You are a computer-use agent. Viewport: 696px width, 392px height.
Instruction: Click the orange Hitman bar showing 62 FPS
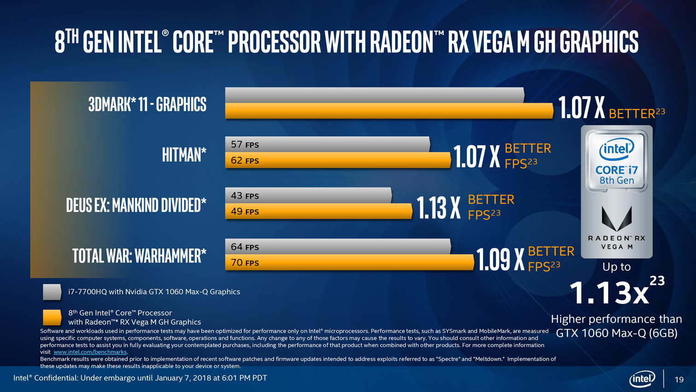pos(338,160)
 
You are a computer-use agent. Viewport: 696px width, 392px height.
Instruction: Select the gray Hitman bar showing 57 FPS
pos(328,144)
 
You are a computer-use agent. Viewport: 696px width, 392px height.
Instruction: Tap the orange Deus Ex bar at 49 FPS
pos(318,211)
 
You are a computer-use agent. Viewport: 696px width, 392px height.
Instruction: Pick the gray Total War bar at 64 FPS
pos(338,247)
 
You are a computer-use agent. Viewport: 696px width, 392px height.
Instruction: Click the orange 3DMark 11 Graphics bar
pos(389,111)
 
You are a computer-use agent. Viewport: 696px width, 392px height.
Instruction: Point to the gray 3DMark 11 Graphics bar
pos(374,95)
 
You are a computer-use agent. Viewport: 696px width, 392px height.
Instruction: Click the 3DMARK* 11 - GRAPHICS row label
pos(147,104)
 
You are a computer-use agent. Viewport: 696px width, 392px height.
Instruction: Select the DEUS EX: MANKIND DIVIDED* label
pos(136,205)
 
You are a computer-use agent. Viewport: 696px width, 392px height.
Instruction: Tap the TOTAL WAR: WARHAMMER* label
pos(140,255)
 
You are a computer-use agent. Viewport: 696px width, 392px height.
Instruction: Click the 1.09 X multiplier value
pos(500,260)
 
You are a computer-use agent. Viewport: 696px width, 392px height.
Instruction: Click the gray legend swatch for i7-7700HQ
pos(52,292)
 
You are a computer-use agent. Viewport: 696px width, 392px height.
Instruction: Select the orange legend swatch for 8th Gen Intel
pos(52,317)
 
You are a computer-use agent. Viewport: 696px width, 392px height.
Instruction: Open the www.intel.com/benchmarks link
pos(90,352)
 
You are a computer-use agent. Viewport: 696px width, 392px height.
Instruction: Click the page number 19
pos(679,380)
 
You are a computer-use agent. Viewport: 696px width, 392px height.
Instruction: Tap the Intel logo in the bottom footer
pos(642,379)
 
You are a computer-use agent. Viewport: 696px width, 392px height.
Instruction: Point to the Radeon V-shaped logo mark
pos(617,218)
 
